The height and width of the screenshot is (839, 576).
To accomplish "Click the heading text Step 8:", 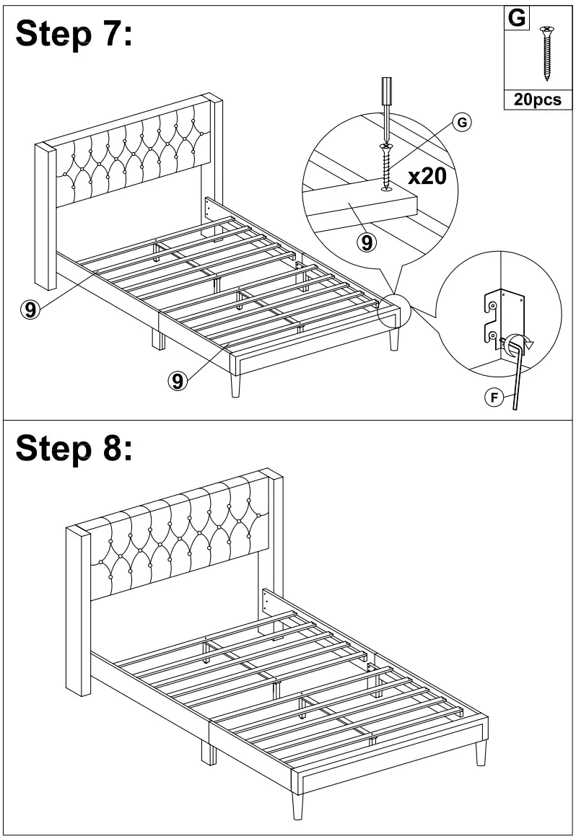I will pos(74,448).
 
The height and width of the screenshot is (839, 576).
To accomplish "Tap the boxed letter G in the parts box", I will pos(516,18).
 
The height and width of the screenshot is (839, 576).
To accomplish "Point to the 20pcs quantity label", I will pos(537,100).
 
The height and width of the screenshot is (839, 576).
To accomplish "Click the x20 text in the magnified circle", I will pos(427,176).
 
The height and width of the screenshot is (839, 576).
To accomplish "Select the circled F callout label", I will pos(494,397).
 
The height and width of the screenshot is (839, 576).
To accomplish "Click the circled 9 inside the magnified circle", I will pos(367,243).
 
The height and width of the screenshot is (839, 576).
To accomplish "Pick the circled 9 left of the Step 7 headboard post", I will pos(29,309).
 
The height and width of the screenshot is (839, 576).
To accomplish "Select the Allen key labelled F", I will pos(517,375).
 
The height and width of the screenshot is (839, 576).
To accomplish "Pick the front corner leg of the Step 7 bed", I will pos(236,385).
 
